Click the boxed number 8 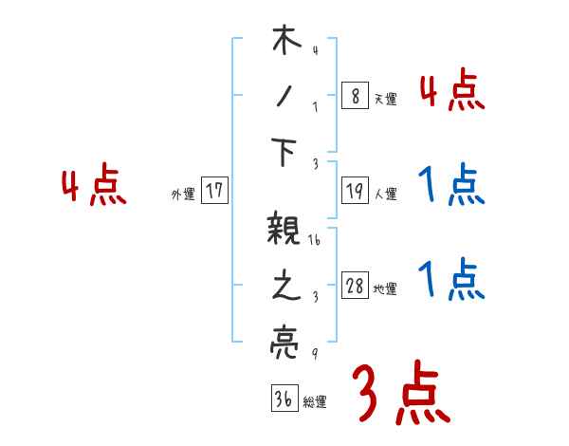[x=355, y=95]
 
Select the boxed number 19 [x=355, y=191]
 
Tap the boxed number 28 [x=355, y=287]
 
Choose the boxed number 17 [x=213, y=190]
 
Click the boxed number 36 [x=283, y=398]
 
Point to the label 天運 [x=385, y=99]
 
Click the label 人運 [x=385, y=195]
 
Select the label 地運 [x=385, y=289]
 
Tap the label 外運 [x=182, y=194]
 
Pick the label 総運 [x=315, y=401]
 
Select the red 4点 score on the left [x=93, y=187]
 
